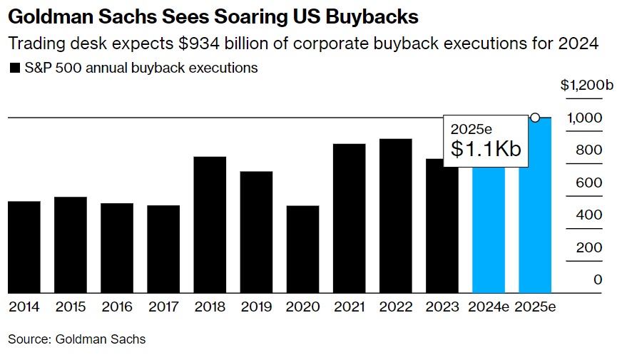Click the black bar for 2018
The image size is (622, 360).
[x=210, y=225]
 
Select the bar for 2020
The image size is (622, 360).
[x=302, y=250]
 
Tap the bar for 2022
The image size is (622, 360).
[x=395, y=215]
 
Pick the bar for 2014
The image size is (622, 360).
[x=24, y=247]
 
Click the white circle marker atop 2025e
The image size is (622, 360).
[x=535, y=118]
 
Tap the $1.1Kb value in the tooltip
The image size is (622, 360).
[x=486, y=149]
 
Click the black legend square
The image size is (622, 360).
[x=14, y=68]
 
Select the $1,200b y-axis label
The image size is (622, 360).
[x=586, y=86]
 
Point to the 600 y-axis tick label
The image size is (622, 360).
[x=588, y=182]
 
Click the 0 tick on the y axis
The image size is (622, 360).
[x=598, y=279]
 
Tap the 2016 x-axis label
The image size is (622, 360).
[x=117, y=307]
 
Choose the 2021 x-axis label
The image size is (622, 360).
[x=349, y=307]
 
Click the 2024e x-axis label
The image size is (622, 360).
[x=489, y=307]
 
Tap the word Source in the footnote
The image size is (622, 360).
[x=27, y=339]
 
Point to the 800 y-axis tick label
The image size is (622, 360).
[x=588, y=150]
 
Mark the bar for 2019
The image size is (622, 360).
[x=256, y=232]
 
